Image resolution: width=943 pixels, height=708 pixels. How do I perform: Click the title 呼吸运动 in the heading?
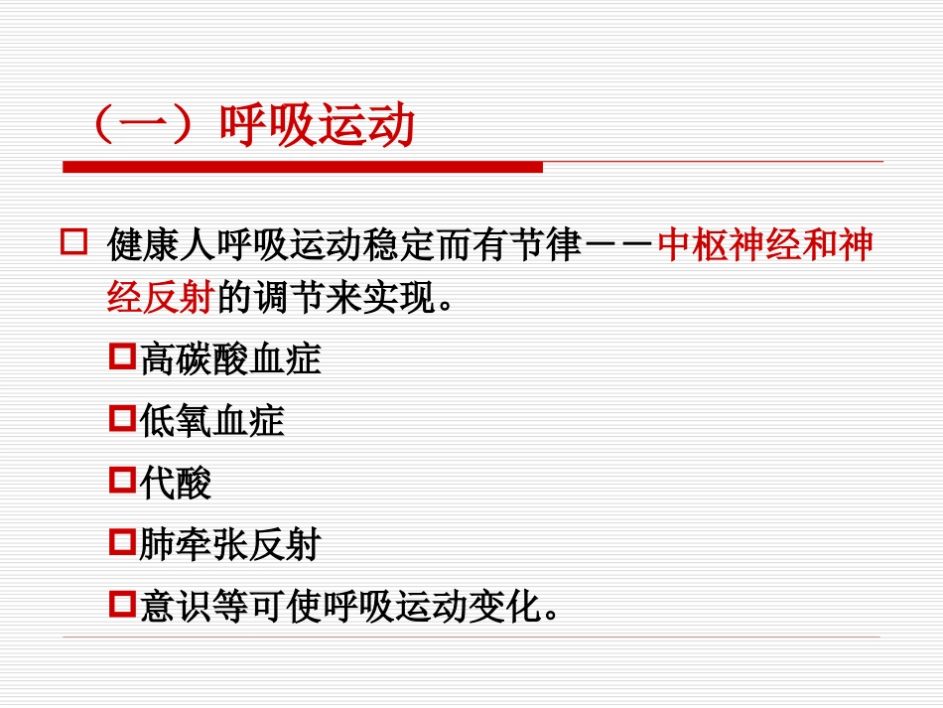pos(317,128)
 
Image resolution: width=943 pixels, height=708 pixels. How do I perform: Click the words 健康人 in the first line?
pos(148,245)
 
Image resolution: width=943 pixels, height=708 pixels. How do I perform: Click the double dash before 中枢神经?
pos(620,246)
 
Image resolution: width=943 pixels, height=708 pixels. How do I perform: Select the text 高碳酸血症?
pos(230,358)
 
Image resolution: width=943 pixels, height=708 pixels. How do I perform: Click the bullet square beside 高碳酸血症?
pos(122,355)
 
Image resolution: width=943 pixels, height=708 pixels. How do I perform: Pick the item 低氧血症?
pos(212,421)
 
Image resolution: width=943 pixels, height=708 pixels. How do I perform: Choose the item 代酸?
pos(176,484)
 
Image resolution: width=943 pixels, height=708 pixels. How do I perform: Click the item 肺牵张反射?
pos(230,545)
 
